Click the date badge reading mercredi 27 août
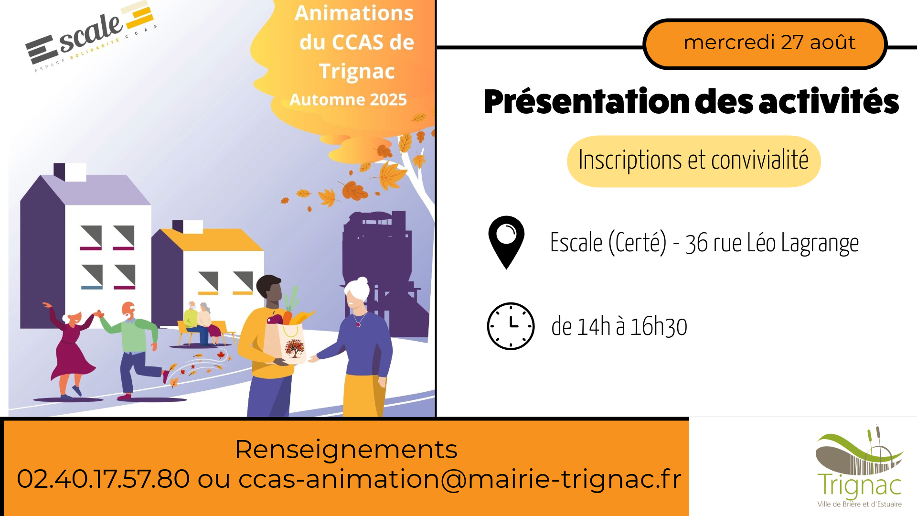[765, 44]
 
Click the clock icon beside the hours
[511, 326]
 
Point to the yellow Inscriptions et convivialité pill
[693, 161]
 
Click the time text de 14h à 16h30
[619, 327]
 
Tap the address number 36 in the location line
[696, 244]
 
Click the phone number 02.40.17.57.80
[103, 479]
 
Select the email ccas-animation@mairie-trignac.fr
[460, 479]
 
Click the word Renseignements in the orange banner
[346, 450]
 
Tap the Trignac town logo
[859, 466]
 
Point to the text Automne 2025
[348, 99]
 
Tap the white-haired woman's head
[357, 292]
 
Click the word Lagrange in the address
[820, 244]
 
